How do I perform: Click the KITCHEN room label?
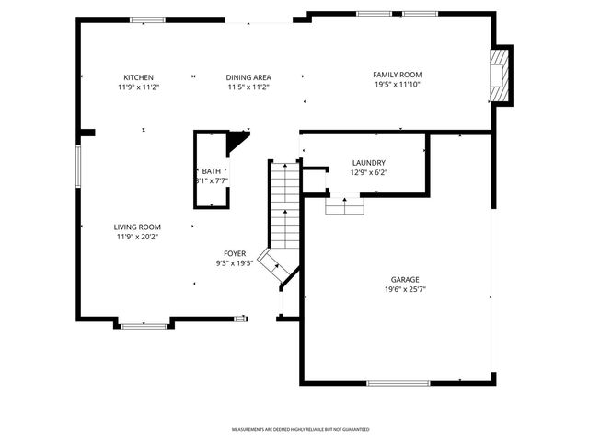click(x=138, y=77)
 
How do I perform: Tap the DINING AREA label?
click(x=248, y=77)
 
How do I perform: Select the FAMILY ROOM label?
click(x=397, y=75)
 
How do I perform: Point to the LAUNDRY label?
click(x=368, y=163)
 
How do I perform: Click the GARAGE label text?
click(x=405, y=279)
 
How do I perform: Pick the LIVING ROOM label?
click(x=137, y=227)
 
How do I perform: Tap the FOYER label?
click(x=235, y=253)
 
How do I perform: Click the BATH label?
click(x=212, y=171)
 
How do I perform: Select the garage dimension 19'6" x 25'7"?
click(x=405, y=289)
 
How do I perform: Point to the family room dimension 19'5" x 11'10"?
click(x=397, y=85)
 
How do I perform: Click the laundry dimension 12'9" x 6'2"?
click(x=368, y=172)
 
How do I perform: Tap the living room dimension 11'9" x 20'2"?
click(x=137, y=237)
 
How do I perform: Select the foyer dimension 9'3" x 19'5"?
click(x=235, y=263)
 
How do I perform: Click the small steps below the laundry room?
click(x=345, y=204)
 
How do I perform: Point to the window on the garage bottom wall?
click(x=398, y=383)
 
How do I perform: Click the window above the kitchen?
click(x=147, y=20)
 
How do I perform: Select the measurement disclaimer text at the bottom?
click(x=300, y=430)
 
